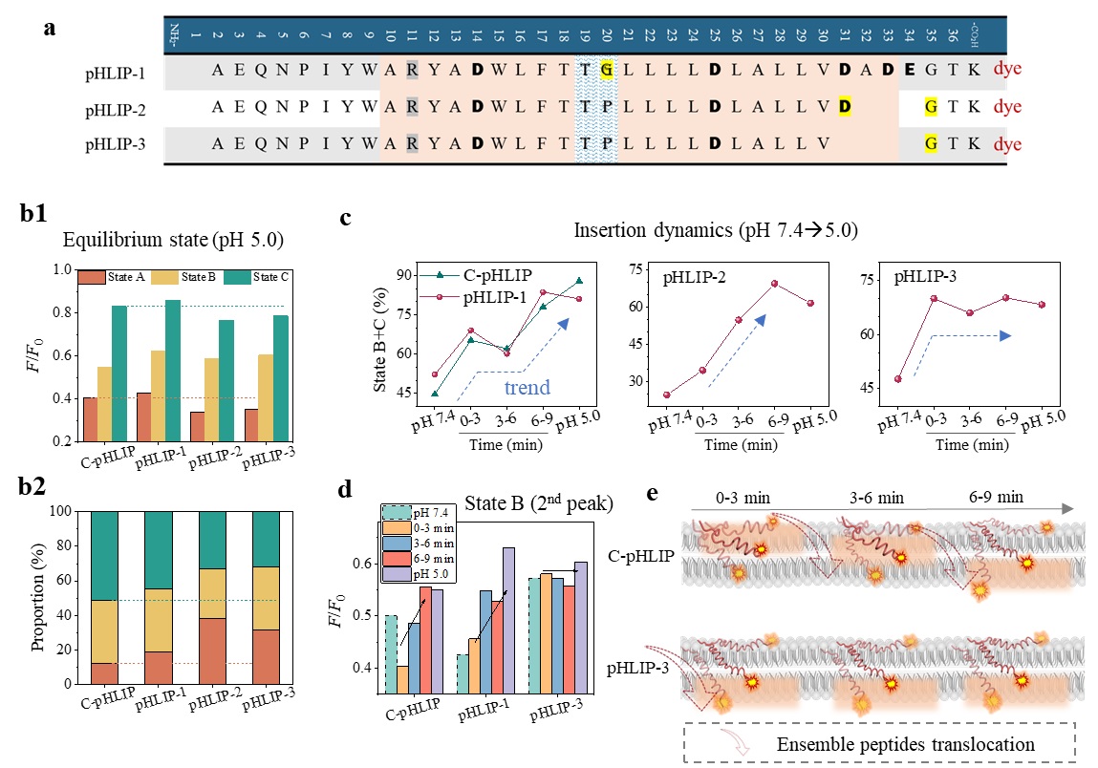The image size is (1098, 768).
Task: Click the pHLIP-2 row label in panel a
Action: (114, 107)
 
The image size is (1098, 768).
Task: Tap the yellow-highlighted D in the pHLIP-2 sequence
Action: (845, 107)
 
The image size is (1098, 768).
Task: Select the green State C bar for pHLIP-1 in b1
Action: (173, 371)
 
